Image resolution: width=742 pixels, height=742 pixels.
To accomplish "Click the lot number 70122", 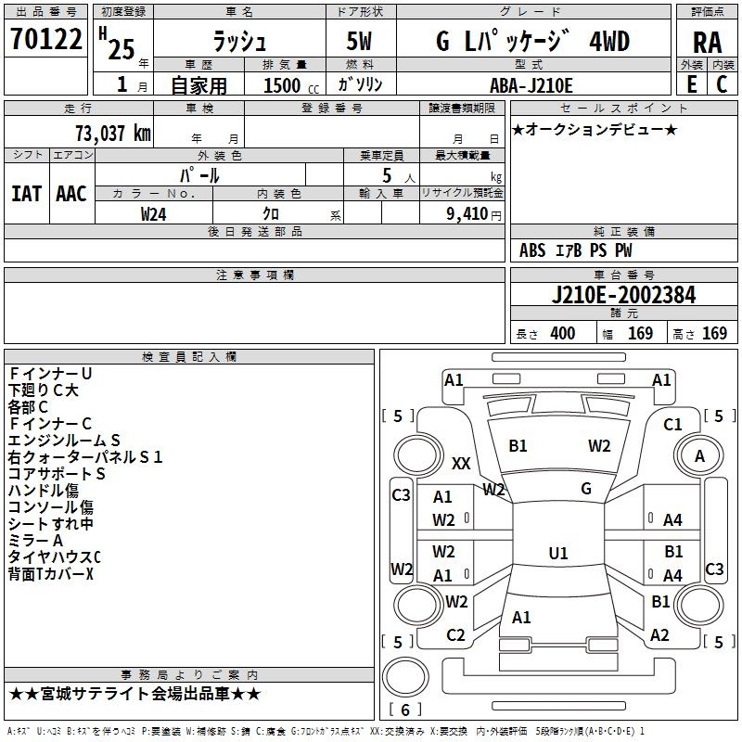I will click(x=45, y=40).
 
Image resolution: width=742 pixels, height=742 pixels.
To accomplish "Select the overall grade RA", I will click(x=707, y=43).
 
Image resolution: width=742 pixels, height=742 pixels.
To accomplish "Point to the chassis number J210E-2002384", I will click(x=622, y=295).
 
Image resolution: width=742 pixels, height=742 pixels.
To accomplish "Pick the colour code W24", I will click(x=154, y=213).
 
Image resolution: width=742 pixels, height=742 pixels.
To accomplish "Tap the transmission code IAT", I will click(x=27, y=194).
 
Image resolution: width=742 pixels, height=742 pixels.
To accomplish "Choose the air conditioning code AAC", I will click(x=71, y=194).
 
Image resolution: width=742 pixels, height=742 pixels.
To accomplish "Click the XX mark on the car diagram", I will click(x=461, y=463).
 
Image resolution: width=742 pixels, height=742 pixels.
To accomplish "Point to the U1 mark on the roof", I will click(x=557, y=554).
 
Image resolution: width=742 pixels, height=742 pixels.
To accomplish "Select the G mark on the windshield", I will click(x=586, y=488).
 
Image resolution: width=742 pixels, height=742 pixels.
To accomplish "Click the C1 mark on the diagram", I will click(x=672, y=425).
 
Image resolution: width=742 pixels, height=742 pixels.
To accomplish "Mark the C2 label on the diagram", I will click(x=455, y=635).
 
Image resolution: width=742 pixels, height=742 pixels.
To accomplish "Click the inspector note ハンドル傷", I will click(x=44, y=491).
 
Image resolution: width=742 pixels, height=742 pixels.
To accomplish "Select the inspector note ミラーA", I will click(x=36, y=541).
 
